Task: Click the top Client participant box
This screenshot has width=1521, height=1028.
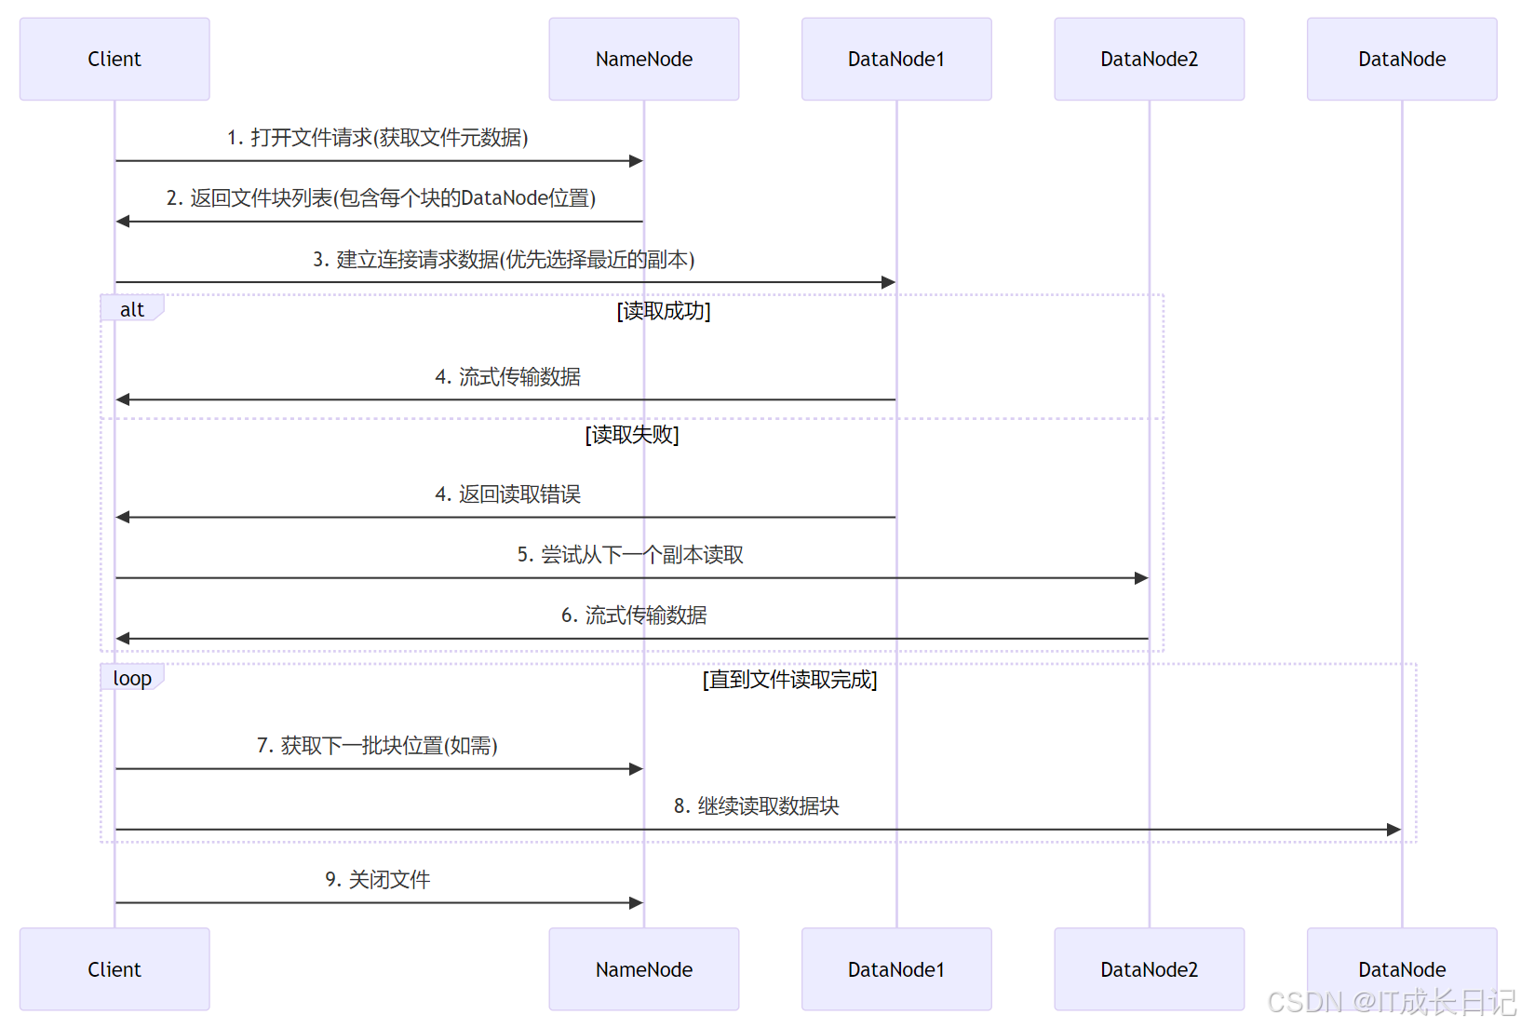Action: [x=114, y=59]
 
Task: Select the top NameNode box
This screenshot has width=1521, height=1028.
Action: [x=643, y=59]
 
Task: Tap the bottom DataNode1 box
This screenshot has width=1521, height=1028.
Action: [x=895, y=968]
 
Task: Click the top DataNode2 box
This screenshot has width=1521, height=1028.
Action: [x=1149, y=59]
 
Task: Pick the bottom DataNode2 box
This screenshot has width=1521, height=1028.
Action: [x=1149, y=968]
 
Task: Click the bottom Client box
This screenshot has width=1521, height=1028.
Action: [x=114, y=968]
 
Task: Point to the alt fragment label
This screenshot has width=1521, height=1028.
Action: [x=132, y=309]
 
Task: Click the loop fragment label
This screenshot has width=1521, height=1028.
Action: [x=132, y=678]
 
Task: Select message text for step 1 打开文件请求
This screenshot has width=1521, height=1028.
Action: [x=377, y=138]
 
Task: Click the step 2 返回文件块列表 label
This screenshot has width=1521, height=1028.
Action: [x=381, y=198]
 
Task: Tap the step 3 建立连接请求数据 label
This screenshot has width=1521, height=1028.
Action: [x=504, y=260]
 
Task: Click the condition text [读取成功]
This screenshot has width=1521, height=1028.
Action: [x=664, y=311]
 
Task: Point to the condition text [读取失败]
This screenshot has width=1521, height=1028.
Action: [x=632, y=435]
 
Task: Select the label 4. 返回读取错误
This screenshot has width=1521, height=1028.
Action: [x=507, y=494]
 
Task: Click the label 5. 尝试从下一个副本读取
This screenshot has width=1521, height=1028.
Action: [x=630, y=555]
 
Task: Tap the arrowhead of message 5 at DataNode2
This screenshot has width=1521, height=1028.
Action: [x=1141, y=578]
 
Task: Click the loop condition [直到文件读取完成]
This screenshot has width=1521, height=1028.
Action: [x=789, y=680]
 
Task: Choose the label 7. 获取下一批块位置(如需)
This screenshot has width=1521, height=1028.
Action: [x=377, y=746]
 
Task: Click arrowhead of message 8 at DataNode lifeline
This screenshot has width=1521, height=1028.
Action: [x=1393, y=830]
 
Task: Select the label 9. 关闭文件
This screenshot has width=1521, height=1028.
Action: [x=377, y=880]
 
